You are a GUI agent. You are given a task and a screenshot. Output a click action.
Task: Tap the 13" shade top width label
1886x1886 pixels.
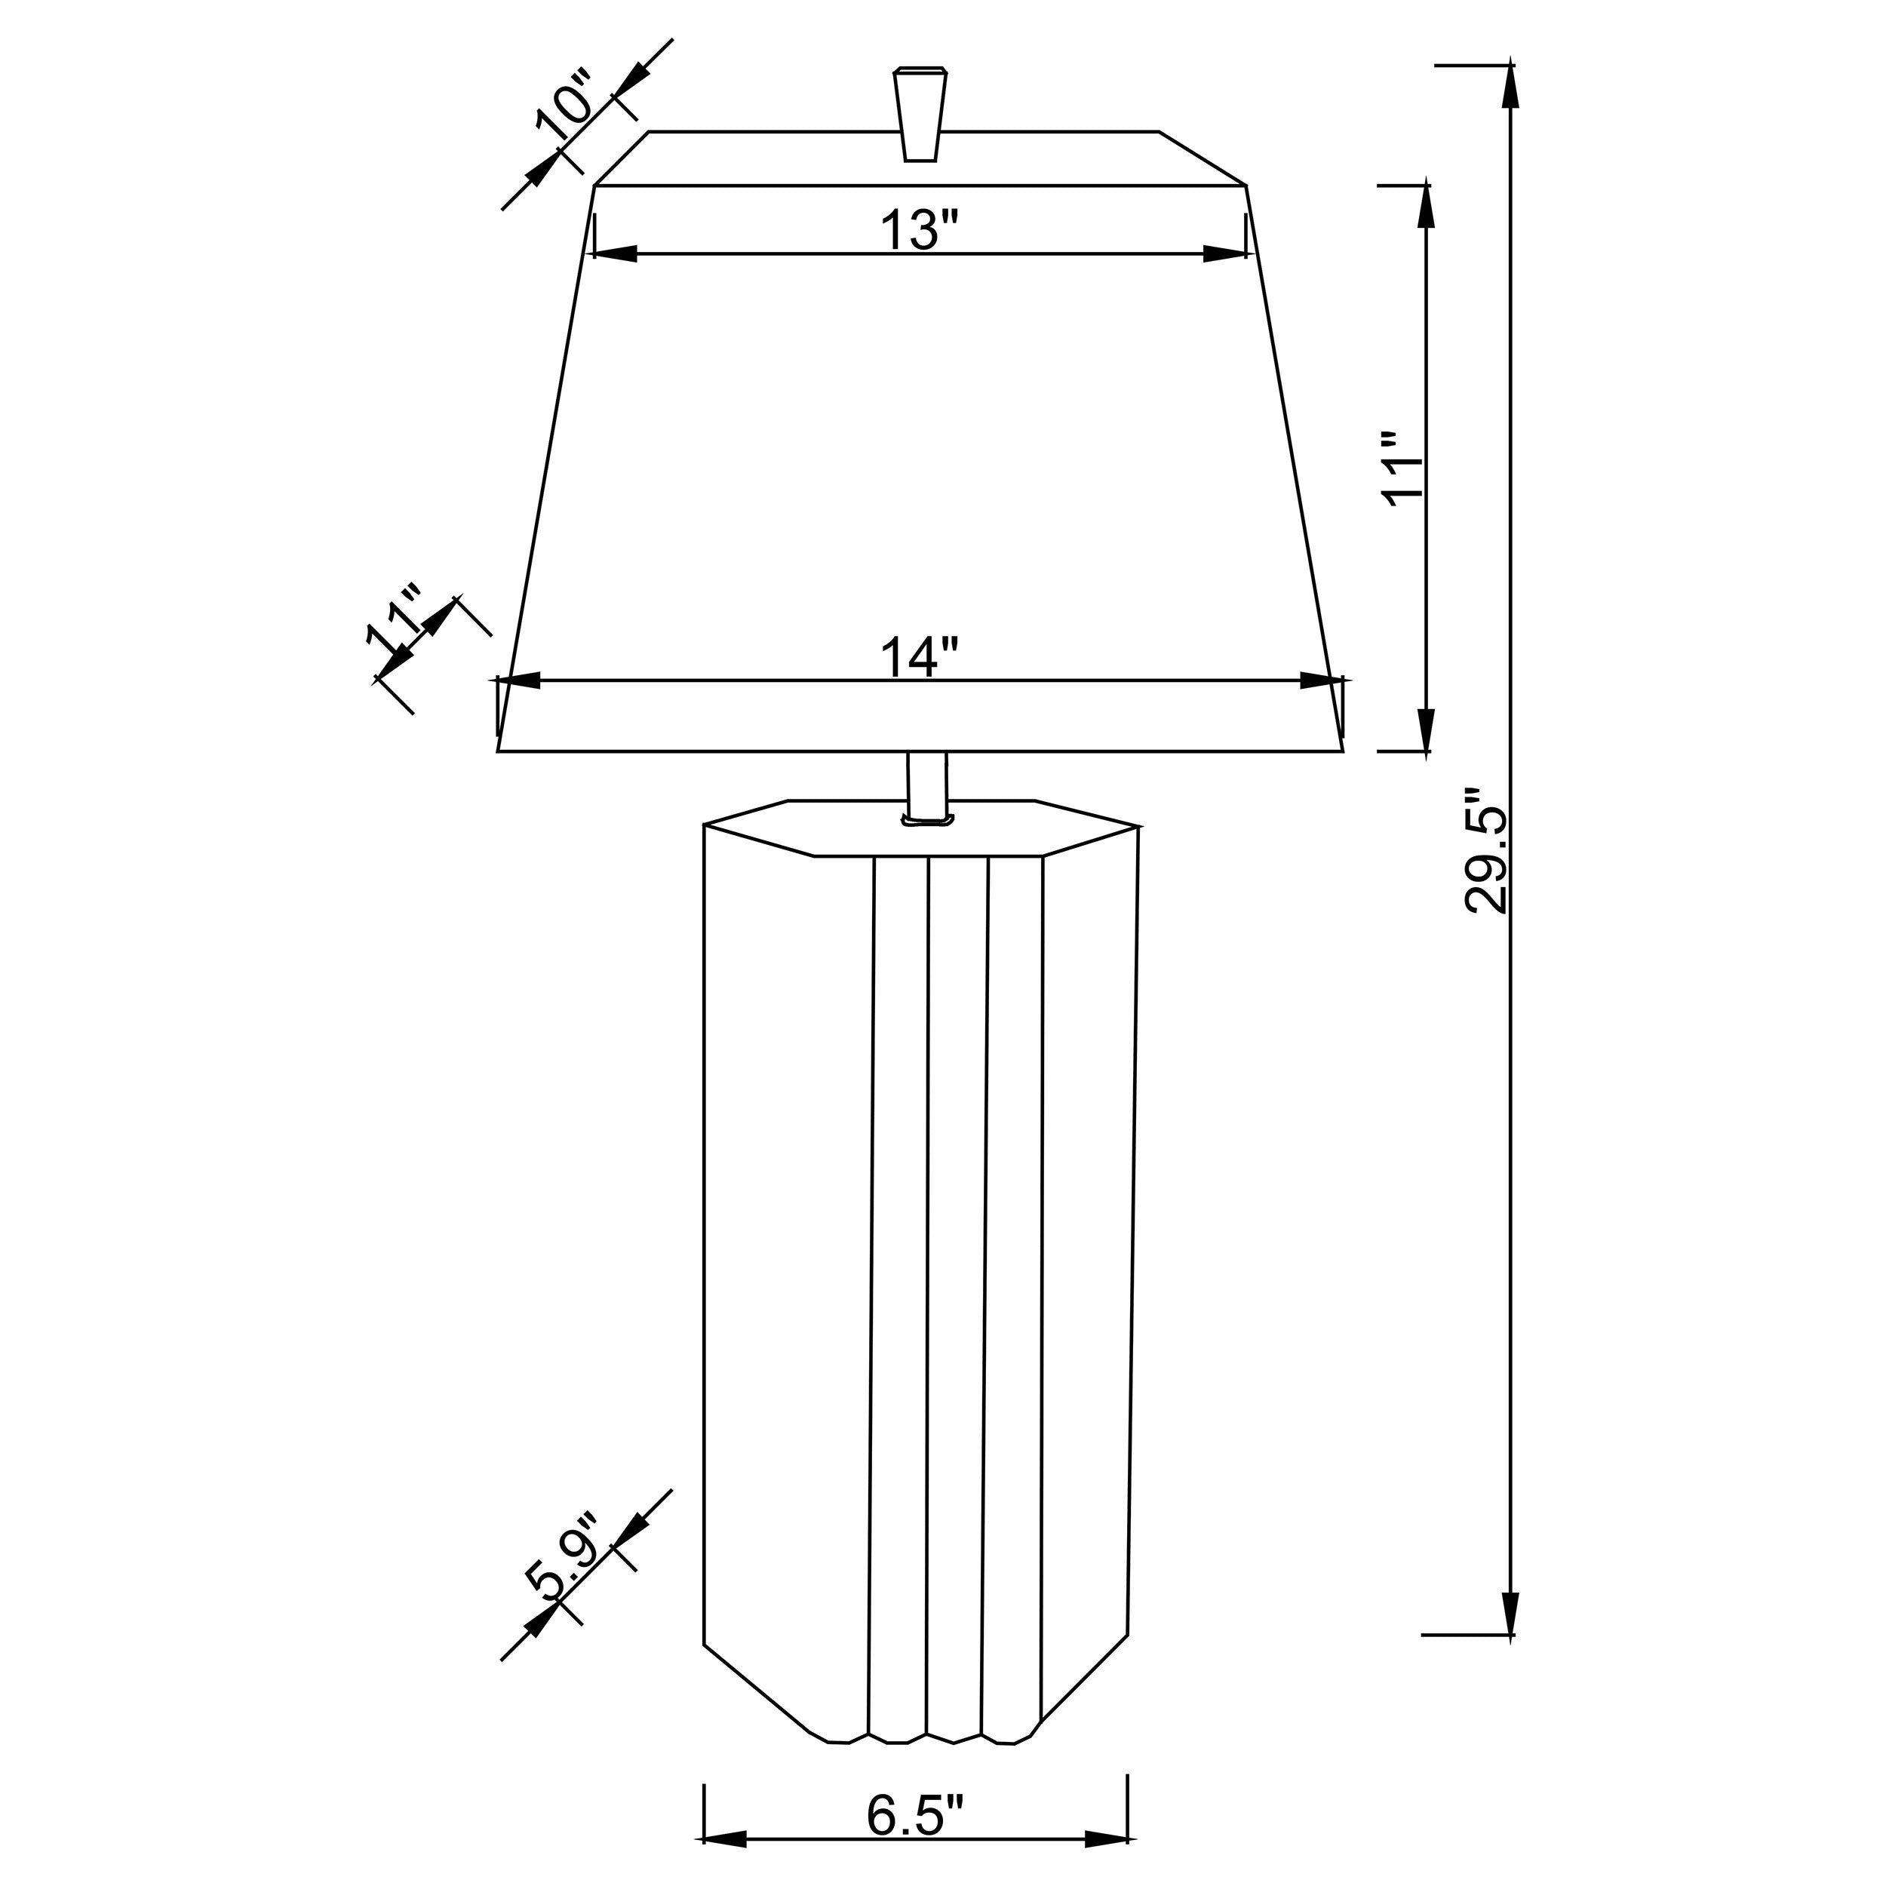(x=920, y=230)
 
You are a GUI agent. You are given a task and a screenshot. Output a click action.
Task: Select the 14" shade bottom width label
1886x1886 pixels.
(x=920, y=657)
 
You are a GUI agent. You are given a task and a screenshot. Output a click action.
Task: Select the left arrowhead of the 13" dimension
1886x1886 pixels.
(x=615, y=253)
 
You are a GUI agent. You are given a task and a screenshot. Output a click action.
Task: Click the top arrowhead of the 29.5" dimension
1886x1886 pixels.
(x=1511, y=86)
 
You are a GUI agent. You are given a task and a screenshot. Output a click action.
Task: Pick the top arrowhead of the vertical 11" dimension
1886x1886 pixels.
(x=1427, y=205)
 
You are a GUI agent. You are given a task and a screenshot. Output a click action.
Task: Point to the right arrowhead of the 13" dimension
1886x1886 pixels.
(x=1224, y=253)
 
